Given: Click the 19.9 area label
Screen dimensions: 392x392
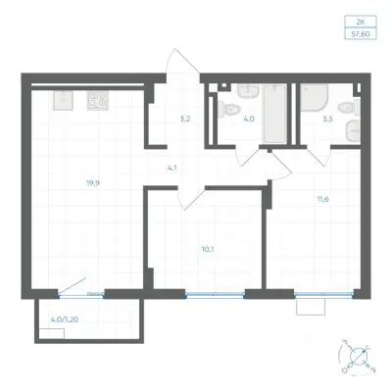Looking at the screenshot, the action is [x=93, y=183].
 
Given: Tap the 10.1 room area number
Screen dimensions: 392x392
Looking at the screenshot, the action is [x=208, y=249].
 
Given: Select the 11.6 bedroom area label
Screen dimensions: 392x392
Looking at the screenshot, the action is [x=322, y=199].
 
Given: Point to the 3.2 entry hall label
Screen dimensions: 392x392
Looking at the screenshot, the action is [x=185, y=119].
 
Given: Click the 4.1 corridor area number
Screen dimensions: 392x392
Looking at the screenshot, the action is [x=171, y=169].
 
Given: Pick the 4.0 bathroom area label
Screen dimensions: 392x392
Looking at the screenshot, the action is [x=249, y=119].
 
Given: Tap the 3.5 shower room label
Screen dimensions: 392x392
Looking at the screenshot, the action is [x=327, y=119].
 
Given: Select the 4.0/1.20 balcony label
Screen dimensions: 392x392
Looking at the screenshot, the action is [x=65, y=319].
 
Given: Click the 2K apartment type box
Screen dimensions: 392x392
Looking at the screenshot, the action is [x=361, y=22].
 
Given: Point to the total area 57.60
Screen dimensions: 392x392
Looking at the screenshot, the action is [x=361, y=33].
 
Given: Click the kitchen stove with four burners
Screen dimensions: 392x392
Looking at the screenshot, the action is [x=98, y=100].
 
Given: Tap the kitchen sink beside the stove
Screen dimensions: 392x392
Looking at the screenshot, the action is [x=63, y=100].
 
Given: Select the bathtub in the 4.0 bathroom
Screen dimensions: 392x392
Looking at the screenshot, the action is [x=275, y=114].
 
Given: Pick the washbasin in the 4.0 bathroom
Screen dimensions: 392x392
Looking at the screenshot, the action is [x=249, y=90].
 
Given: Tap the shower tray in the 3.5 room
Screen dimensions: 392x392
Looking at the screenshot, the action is [x=315, y=98].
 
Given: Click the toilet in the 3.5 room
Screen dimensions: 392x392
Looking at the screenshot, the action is [x=349, y=108].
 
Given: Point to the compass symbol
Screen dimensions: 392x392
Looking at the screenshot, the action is [x=357, y=357].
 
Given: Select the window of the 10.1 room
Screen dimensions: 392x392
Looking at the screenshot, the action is [x=215, y=295].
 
